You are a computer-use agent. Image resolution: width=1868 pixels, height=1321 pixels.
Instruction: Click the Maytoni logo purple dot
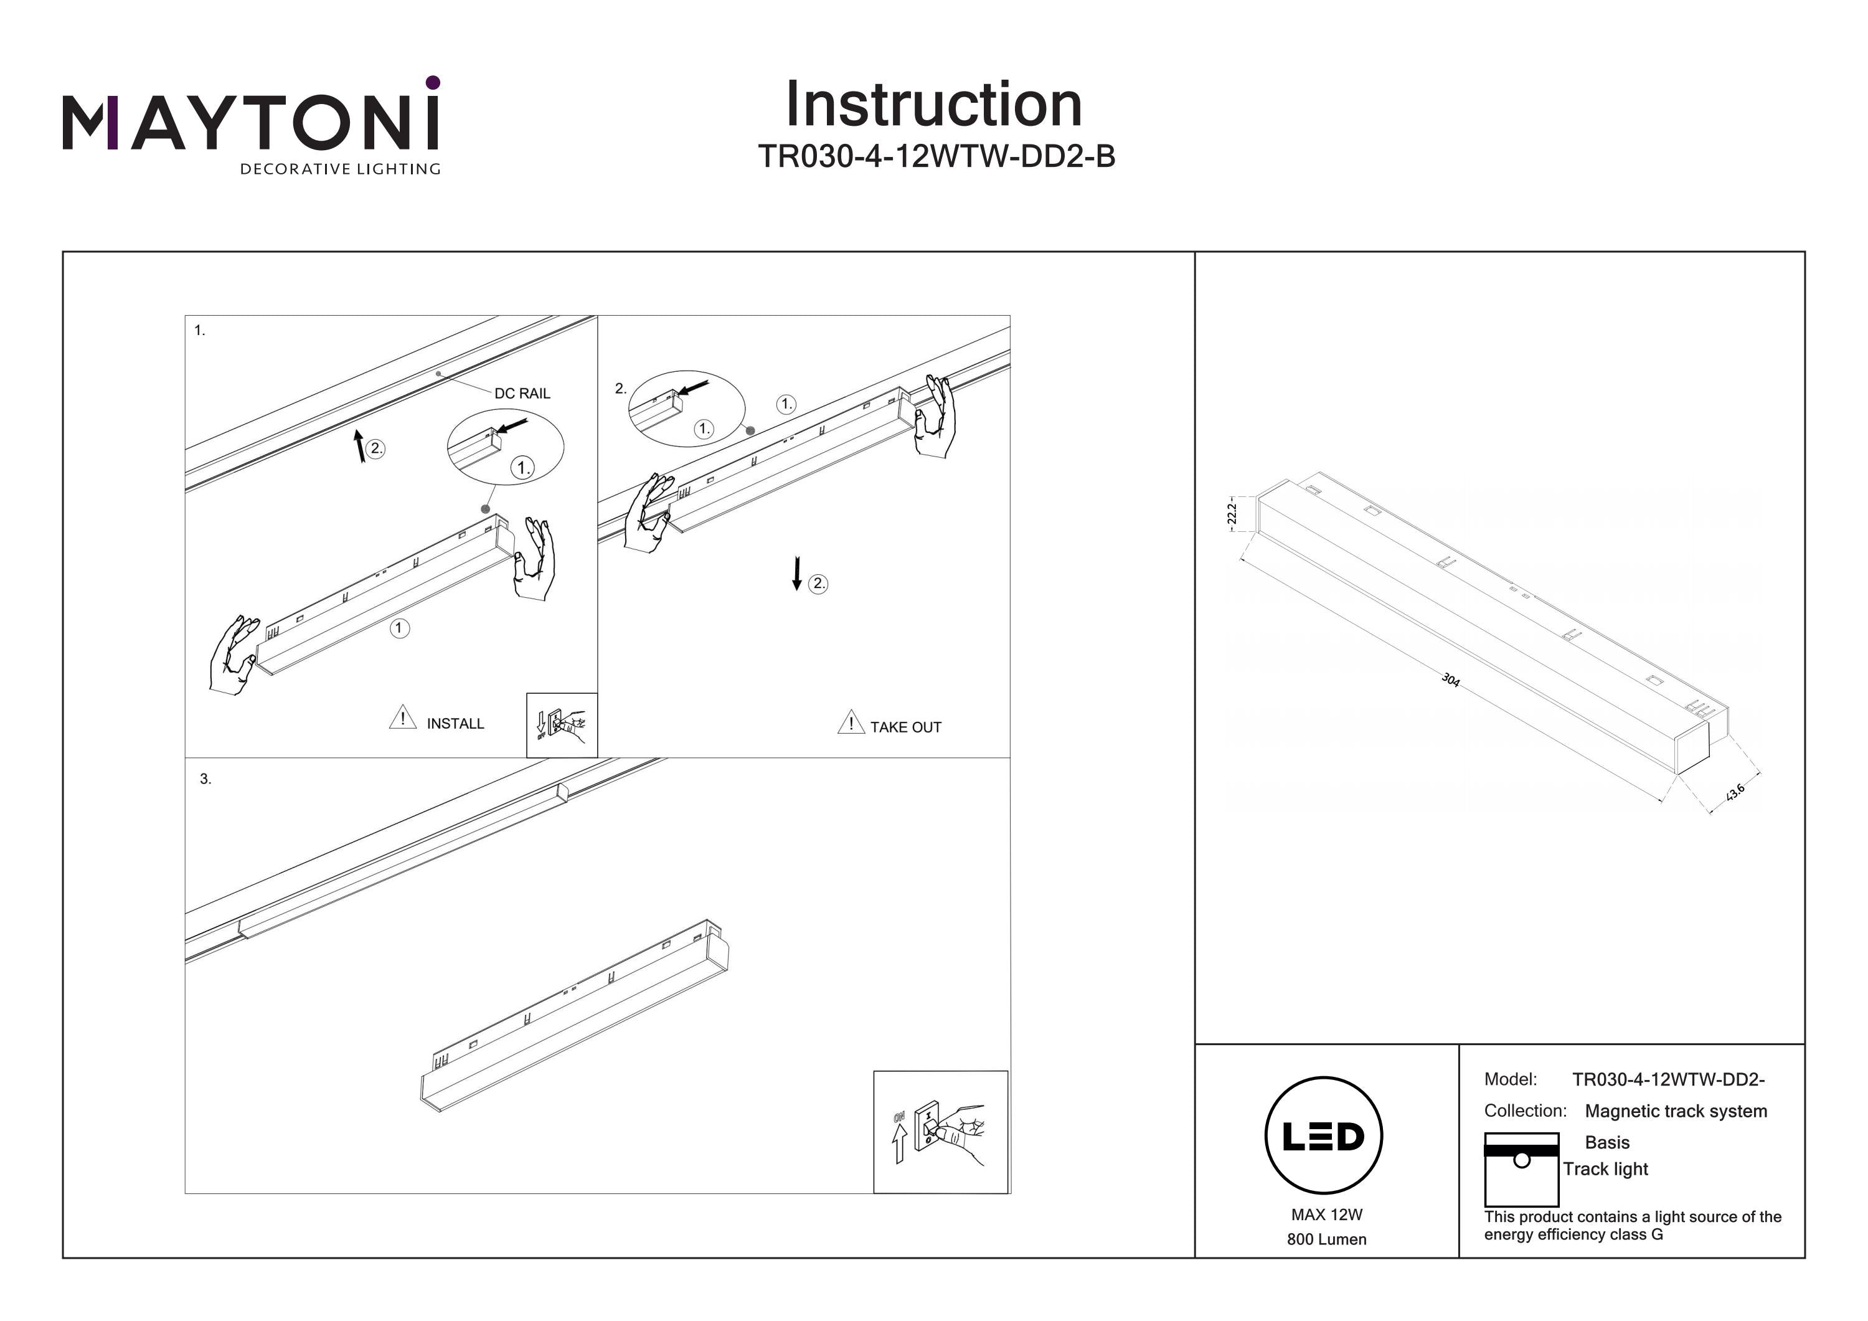(x=433, y=82)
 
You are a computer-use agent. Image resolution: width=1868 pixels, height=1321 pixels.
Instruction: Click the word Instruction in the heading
(x=933, y=105)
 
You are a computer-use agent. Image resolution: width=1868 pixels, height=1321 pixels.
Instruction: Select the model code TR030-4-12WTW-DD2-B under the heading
(x=936, y=156)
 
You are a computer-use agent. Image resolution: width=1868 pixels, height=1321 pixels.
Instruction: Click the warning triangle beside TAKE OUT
(x=850, y=721)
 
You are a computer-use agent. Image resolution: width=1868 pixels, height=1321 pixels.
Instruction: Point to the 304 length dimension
(x=1450, y=679)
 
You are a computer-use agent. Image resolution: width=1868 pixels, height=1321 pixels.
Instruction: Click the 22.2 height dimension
(x=1232, y=514)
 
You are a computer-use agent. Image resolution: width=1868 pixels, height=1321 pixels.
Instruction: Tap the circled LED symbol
(x=1324, y=1135)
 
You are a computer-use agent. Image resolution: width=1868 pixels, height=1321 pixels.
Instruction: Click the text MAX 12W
(x=1326, y=1214)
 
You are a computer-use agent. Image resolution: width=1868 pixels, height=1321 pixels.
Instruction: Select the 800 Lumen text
(x=1326, y=1239)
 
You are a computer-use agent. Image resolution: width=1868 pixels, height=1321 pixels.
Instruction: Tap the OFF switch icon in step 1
(x=562, y=724)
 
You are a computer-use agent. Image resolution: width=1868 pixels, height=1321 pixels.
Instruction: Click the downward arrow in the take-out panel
(x=797, y=574)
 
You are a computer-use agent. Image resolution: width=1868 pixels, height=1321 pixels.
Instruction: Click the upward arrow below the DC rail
(x=360, y=447)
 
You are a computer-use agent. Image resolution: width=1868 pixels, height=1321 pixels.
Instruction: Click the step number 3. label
(x=205, y=779)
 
